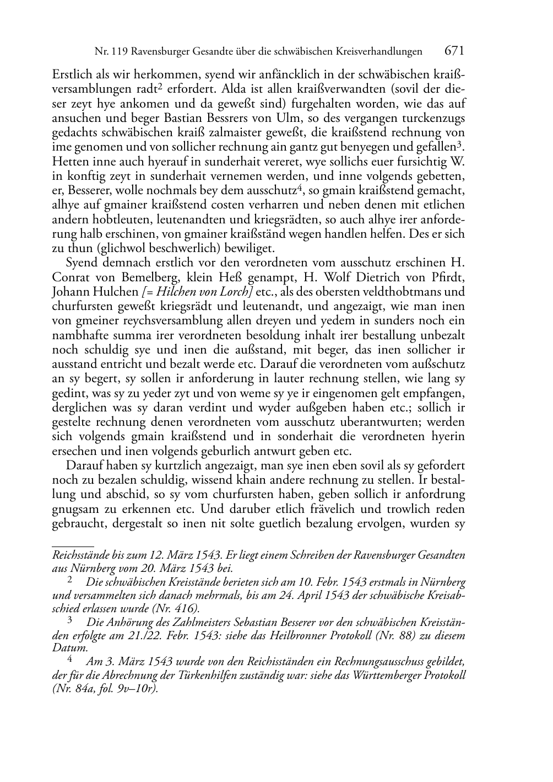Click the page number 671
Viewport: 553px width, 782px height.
(x=454, y=51)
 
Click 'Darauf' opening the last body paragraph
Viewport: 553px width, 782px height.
(x=81, y=465)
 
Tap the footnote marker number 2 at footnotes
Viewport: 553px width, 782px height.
(x=69, y=580)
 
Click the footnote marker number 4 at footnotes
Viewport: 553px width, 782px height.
(x=69, y=658)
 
